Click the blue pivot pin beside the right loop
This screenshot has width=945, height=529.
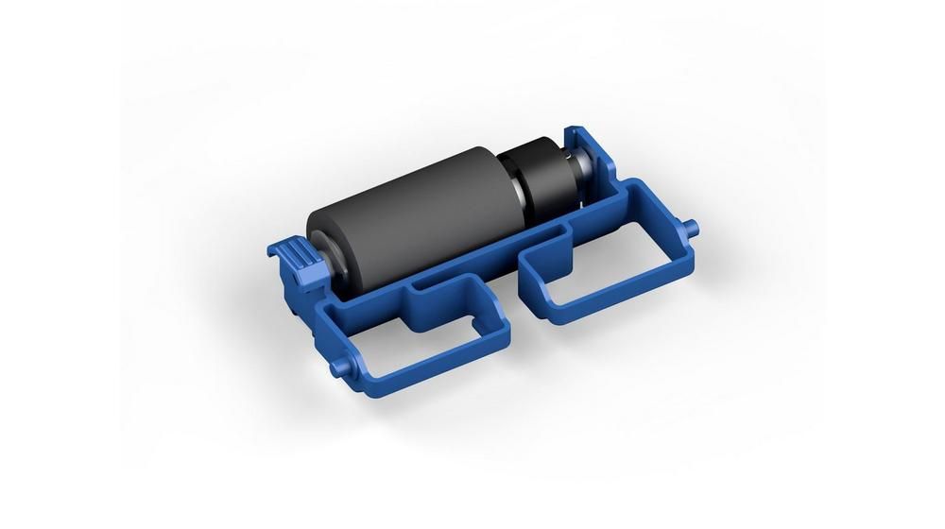coord(694,226)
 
